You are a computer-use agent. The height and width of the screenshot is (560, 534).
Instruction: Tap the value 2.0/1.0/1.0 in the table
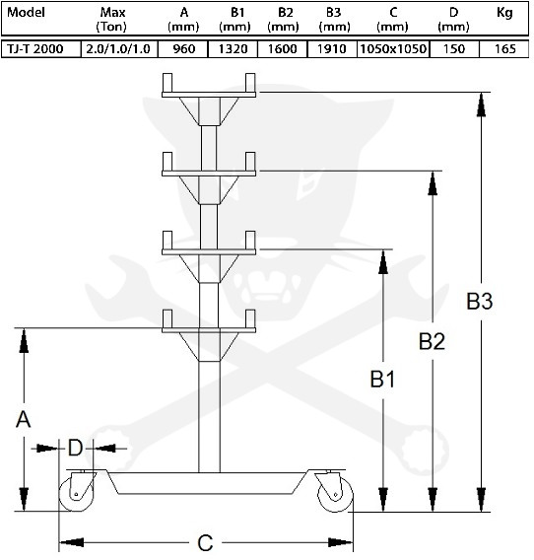(117, 48)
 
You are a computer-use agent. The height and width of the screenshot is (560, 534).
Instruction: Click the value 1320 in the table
(234, 48)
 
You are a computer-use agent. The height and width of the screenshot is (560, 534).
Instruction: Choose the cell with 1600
(282, 48)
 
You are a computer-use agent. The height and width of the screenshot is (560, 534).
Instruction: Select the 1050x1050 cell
(391, 48)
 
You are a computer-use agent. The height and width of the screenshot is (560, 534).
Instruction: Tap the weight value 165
(504, 48)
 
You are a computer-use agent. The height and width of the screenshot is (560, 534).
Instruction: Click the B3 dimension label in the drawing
(479, 303)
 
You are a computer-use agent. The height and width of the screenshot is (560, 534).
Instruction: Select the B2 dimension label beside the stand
(432, 341)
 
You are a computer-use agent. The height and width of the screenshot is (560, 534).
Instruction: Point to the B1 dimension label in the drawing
(382, 379)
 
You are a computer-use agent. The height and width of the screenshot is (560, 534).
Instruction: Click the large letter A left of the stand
(24, 419)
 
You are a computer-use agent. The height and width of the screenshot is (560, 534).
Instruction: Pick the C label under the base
(205, 542)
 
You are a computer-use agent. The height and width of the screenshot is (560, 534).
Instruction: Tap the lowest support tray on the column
(209, 326)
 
